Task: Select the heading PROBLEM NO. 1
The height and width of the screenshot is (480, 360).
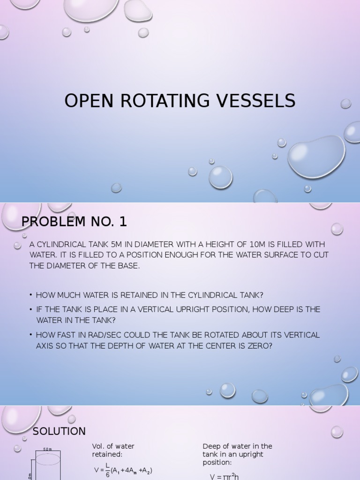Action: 74,221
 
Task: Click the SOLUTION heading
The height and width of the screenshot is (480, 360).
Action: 59,431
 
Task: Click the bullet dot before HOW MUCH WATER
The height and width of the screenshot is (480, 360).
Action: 31,295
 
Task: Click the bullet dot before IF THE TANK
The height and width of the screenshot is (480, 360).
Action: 31,309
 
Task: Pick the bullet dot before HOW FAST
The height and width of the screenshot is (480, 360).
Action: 31,335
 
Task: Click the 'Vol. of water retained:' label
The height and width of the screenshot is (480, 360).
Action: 113,450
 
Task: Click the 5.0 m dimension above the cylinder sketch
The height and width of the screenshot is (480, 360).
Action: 47,449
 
